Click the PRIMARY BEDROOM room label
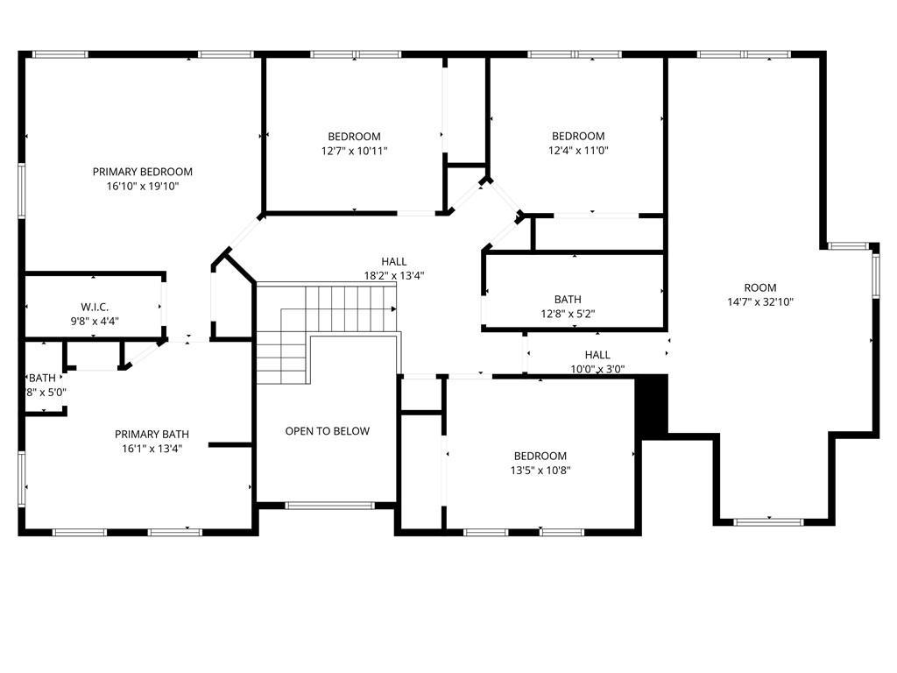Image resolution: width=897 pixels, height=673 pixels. [x=143, y=172]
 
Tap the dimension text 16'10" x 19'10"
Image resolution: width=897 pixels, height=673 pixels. [x=143, y=186]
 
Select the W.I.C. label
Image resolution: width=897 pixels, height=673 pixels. [x=95, y=308]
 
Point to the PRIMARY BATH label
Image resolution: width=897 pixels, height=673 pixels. [x=152, y=435]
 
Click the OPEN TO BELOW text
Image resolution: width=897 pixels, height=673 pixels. [x=328, y=431]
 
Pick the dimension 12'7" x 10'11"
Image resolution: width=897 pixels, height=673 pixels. [x=354, y=151]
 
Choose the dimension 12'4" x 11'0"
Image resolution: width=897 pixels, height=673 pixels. [x=578, y=151]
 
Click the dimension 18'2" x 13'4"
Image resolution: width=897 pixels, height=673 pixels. [x=394, y=276]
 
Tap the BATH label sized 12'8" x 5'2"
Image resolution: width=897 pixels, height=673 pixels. [x=568, y=300]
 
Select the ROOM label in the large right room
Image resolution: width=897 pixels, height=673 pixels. [x=760, y=287]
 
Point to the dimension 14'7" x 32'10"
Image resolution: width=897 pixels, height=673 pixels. [x=760, y=302]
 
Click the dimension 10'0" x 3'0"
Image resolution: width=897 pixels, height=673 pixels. [x=597, y=369]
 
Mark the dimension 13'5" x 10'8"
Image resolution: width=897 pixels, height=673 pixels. [x=540, y=471]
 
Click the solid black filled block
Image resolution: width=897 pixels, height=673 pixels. [x=652, y=405]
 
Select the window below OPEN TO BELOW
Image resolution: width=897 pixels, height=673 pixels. [x=329, y=506]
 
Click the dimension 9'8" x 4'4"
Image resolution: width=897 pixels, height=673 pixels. [x=95, y=322]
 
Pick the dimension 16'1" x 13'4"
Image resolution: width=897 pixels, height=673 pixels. [x=152, y=449]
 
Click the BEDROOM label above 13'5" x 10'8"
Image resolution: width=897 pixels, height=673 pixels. [x=540, y=456]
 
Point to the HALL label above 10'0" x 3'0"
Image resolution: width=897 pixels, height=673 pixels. [x=597, y=355]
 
